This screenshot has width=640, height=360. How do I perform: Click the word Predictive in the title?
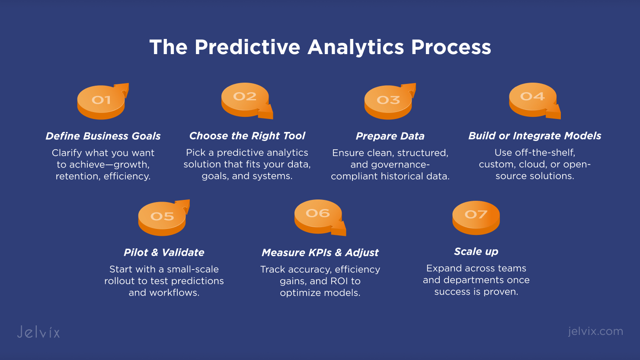coord(247,47)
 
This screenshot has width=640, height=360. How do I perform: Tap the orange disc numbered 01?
coord(101,102)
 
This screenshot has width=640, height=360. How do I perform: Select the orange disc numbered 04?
coord(533,100)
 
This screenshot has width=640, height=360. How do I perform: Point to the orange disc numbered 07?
coord(476,218)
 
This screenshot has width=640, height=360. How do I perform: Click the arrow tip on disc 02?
coord(273,119)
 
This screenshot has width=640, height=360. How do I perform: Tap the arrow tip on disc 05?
coord(189,200)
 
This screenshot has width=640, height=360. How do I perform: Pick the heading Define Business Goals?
coord(103,136)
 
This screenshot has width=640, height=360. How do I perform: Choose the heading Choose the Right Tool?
coord(247,136)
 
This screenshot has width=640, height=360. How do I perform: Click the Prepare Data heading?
coord(390,136)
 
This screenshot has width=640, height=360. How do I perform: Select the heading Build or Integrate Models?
coord(534,136)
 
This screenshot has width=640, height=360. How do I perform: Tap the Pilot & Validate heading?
coord(164,253)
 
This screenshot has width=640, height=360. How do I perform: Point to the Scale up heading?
coord(476,252)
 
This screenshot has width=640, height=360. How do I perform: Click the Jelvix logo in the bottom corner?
coord(38,332)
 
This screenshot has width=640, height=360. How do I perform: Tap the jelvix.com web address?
coord(595,331)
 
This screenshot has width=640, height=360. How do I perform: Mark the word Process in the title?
coord(451,47)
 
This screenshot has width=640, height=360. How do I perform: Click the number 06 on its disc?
coord(318,213)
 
